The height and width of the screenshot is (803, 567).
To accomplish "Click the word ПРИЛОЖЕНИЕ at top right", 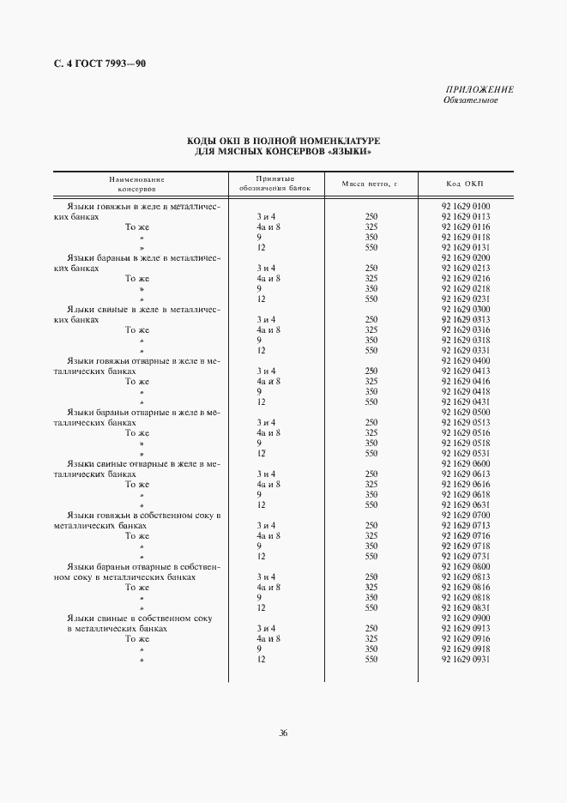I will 480,89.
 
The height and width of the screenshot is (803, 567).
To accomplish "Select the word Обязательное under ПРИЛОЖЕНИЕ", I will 470,100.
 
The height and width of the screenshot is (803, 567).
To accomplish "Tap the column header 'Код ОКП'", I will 465,184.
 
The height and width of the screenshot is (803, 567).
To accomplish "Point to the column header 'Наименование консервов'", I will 136,184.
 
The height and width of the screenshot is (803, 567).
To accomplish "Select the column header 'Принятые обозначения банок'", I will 274,184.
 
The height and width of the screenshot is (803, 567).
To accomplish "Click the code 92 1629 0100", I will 465,207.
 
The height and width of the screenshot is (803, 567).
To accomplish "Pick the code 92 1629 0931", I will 465,659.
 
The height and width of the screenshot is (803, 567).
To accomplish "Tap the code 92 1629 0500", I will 465,412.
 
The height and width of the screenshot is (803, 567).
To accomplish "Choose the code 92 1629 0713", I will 465,525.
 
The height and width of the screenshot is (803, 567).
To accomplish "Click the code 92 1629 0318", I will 465,341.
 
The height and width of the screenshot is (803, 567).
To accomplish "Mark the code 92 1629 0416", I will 465,381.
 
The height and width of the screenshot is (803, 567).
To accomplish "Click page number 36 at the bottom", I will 283,733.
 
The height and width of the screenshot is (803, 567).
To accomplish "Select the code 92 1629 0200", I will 465,258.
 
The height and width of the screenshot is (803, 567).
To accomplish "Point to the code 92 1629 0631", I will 465,504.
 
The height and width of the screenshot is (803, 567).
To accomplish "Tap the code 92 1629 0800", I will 465,566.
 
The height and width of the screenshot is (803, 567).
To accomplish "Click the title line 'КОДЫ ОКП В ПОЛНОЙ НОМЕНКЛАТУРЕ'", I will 283,139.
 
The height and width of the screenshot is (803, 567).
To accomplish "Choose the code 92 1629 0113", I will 465,217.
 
